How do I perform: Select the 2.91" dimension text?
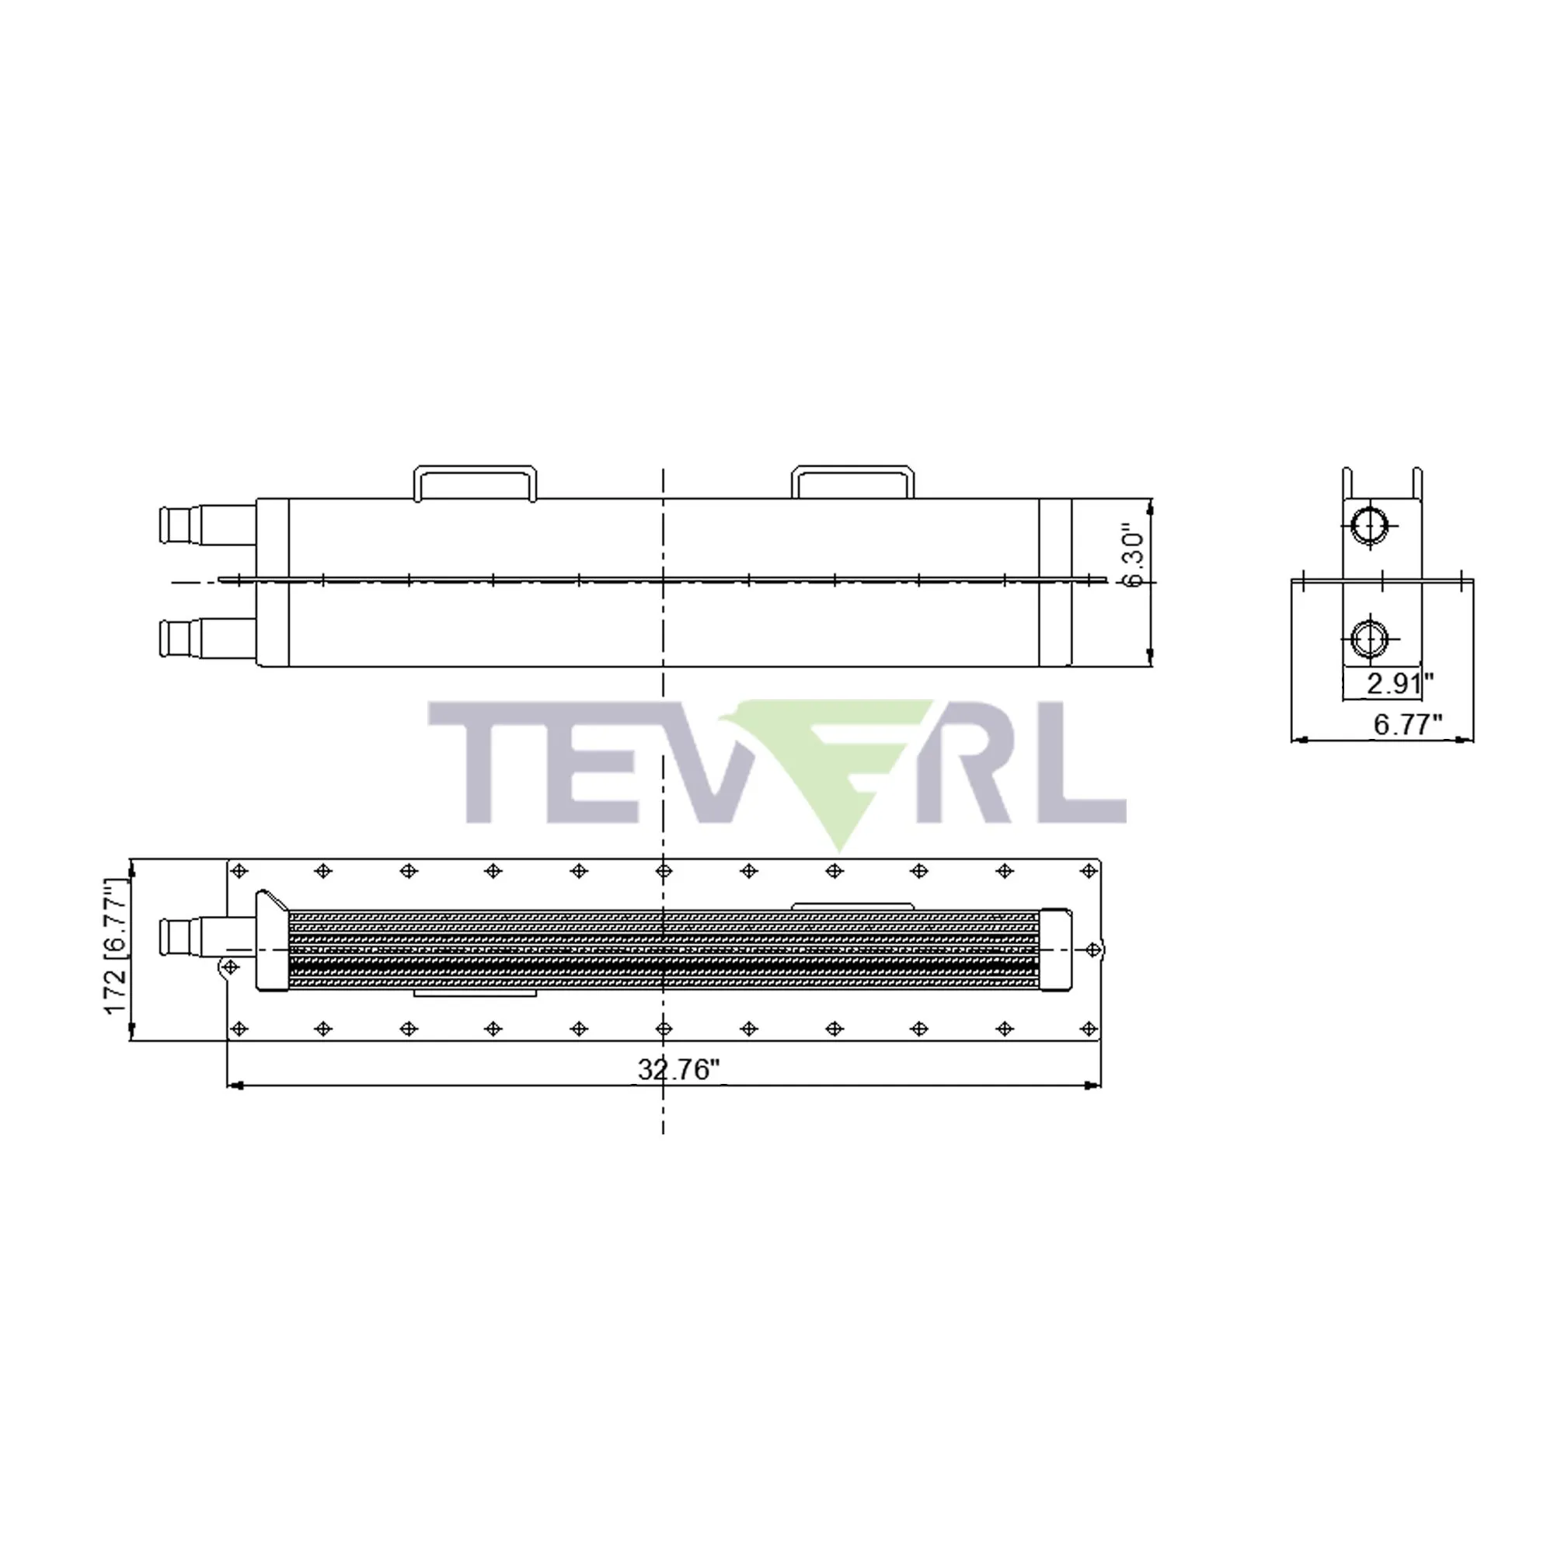1400,684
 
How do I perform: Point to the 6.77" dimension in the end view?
1408,724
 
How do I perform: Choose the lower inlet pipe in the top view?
208,639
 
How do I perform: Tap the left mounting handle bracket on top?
476,482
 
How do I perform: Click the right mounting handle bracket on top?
852,480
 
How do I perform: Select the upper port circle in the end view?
1369,527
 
